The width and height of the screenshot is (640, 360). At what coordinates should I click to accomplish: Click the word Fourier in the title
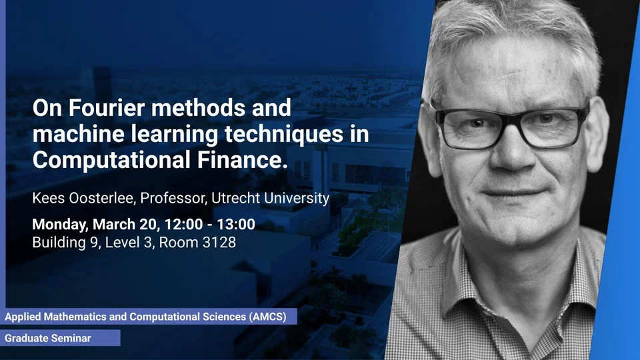coord(107,108)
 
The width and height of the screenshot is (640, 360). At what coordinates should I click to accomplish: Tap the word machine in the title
coord(79,134)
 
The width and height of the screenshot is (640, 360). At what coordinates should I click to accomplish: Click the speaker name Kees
coord(49,198)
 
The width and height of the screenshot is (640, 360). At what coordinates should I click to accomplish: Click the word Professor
coord(174,198)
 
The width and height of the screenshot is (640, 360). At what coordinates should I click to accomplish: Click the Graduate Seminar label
coord(48,339)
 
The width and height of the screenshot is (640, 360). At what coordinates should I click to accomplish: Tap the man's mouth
coord(511,191)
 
